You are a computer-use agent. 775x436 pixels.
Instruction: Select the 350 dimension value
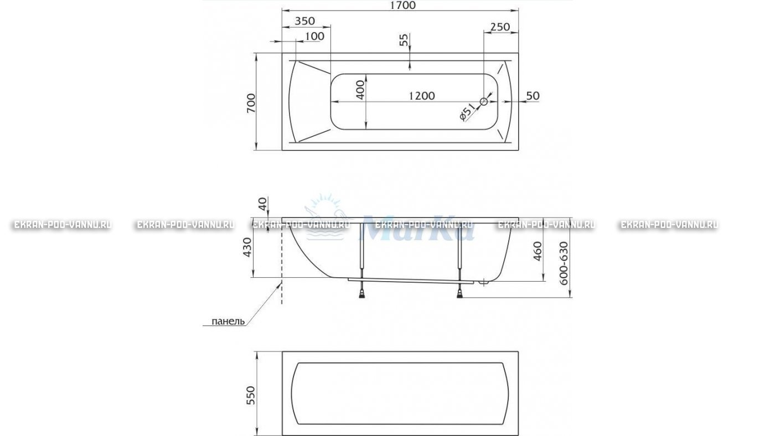point(305,21)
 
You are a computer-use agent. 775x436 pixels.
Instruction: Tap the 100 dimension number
point(315,37)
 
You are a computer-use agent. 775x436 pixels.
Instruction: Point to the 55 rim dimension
point(404,40)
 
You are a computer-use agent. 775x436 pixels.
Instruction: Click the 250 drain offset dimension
point(500,27)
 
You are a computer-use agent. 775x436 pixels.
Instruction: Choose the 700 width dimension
point(251,103)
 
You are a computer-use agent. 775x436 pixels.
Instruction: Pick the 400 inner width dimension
point(360,90)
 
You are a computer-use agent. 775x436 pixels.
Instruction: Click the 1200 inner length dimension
point(422,96)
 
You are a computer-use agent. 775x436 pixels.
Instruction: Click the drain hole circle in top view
point(484,101)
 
